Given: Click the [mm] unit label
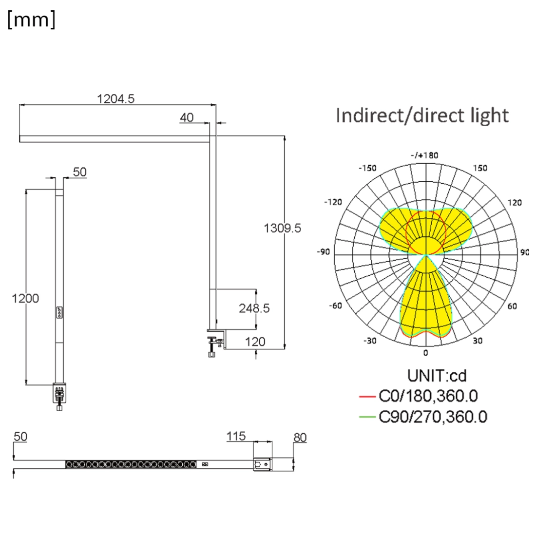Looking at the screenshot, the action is (x=31, y=19).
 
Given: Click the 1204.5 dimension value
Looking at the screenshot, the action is (x=116, y=99).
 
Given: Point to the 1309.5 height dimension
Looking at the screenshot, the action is (x=282, y=228).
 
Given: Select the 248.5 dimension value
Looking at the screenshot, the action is (x=254, y=308).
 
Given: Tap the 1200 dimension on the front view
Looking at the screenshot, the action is (x=25, y=298).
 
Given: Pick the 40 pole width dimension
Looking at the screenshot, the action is (x=187, y=117).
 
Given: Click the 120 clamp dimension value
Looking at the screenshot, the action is (x=255, y=342).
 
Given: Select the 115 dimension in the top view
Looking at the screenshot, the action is (x=236, y=436).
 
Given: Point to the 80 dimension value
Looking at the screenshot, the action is (x=300, y=438).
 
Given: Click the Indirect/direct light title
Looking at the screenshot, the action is (x=422, y=115).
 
